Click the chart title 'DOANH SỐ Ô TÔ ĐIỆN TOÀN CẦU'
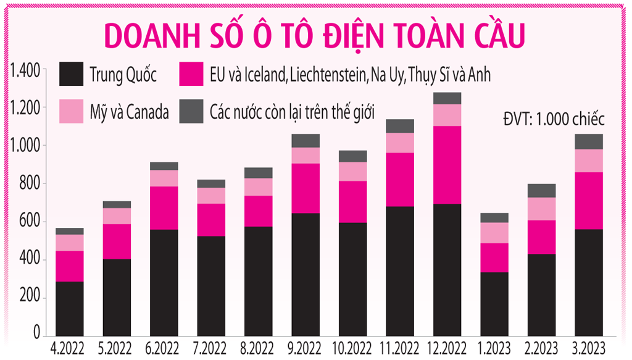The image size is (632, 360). [315, 36]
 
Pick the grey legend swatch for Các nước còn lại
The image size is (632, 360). [191, 111]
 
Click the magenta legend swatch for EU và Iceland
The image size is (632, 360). [191, 75]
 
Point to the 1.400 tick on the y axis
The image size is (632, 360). [24, 70]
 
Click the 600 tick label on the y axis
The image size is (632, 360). [30, 222]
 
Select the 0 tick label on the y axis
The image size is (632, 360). [38, 335]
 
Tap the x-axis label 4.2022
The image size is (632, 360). [70, 347]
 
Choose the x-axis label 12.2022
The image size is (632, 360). [447, 347]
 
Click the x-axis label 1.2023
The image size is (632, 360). [494, 347]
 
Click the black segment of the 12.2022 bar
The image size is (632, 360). [447, 270]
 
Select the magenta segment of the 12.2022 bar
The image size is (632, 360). [447, 165]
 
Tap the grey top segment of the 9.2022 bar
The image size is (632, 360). [306, 141]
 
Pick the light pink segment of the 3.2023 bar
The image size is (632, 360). [588, 161]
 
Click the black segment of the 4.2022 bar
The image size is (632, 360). [70, 309]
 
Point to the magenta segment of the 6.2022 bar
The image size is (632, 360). [164, 208]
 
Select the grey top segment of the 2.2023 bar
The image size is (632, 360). [541, 191]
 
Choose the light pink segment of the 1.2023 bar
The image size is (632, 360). [494, 233]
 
